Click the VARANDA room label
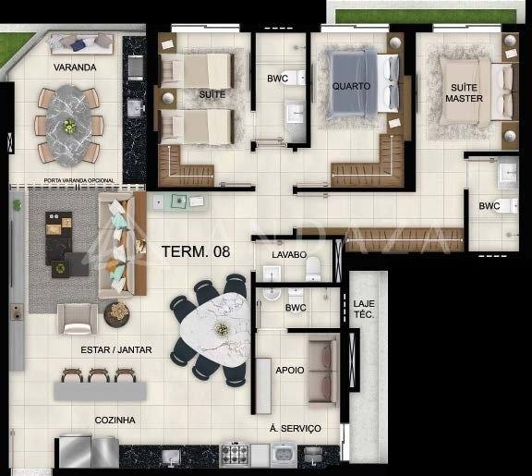click(75, 67)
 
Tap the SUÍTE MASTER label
click(464, 93)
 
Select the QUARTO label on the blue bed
click(351, 86)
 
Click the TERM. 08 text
click(196, 251)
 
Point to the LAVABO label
click(289, 254)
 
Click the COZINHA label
click(115, 421)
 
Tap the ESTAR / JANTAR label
click(116, 350)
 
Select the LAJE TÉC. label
click(364, 309)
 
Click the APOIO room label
click(290, 370)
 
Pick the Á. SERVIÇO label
click(296, 429)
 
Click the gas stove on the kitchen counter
click(235, 454)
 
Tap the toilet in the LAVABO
click(313, 268)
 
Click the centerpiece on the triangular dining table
click(222, 329)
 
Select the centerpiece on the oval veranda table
click(70, 126)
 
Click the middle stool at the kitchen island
click(99, 375)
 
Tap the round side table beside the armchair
click(116, 315)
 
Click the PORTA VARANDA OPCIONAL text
click(79, 180)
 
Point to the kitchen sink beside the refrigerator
click(171, 456)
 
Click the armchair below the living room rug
click(78, 319)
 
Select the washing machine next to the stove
click(284, 455)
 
